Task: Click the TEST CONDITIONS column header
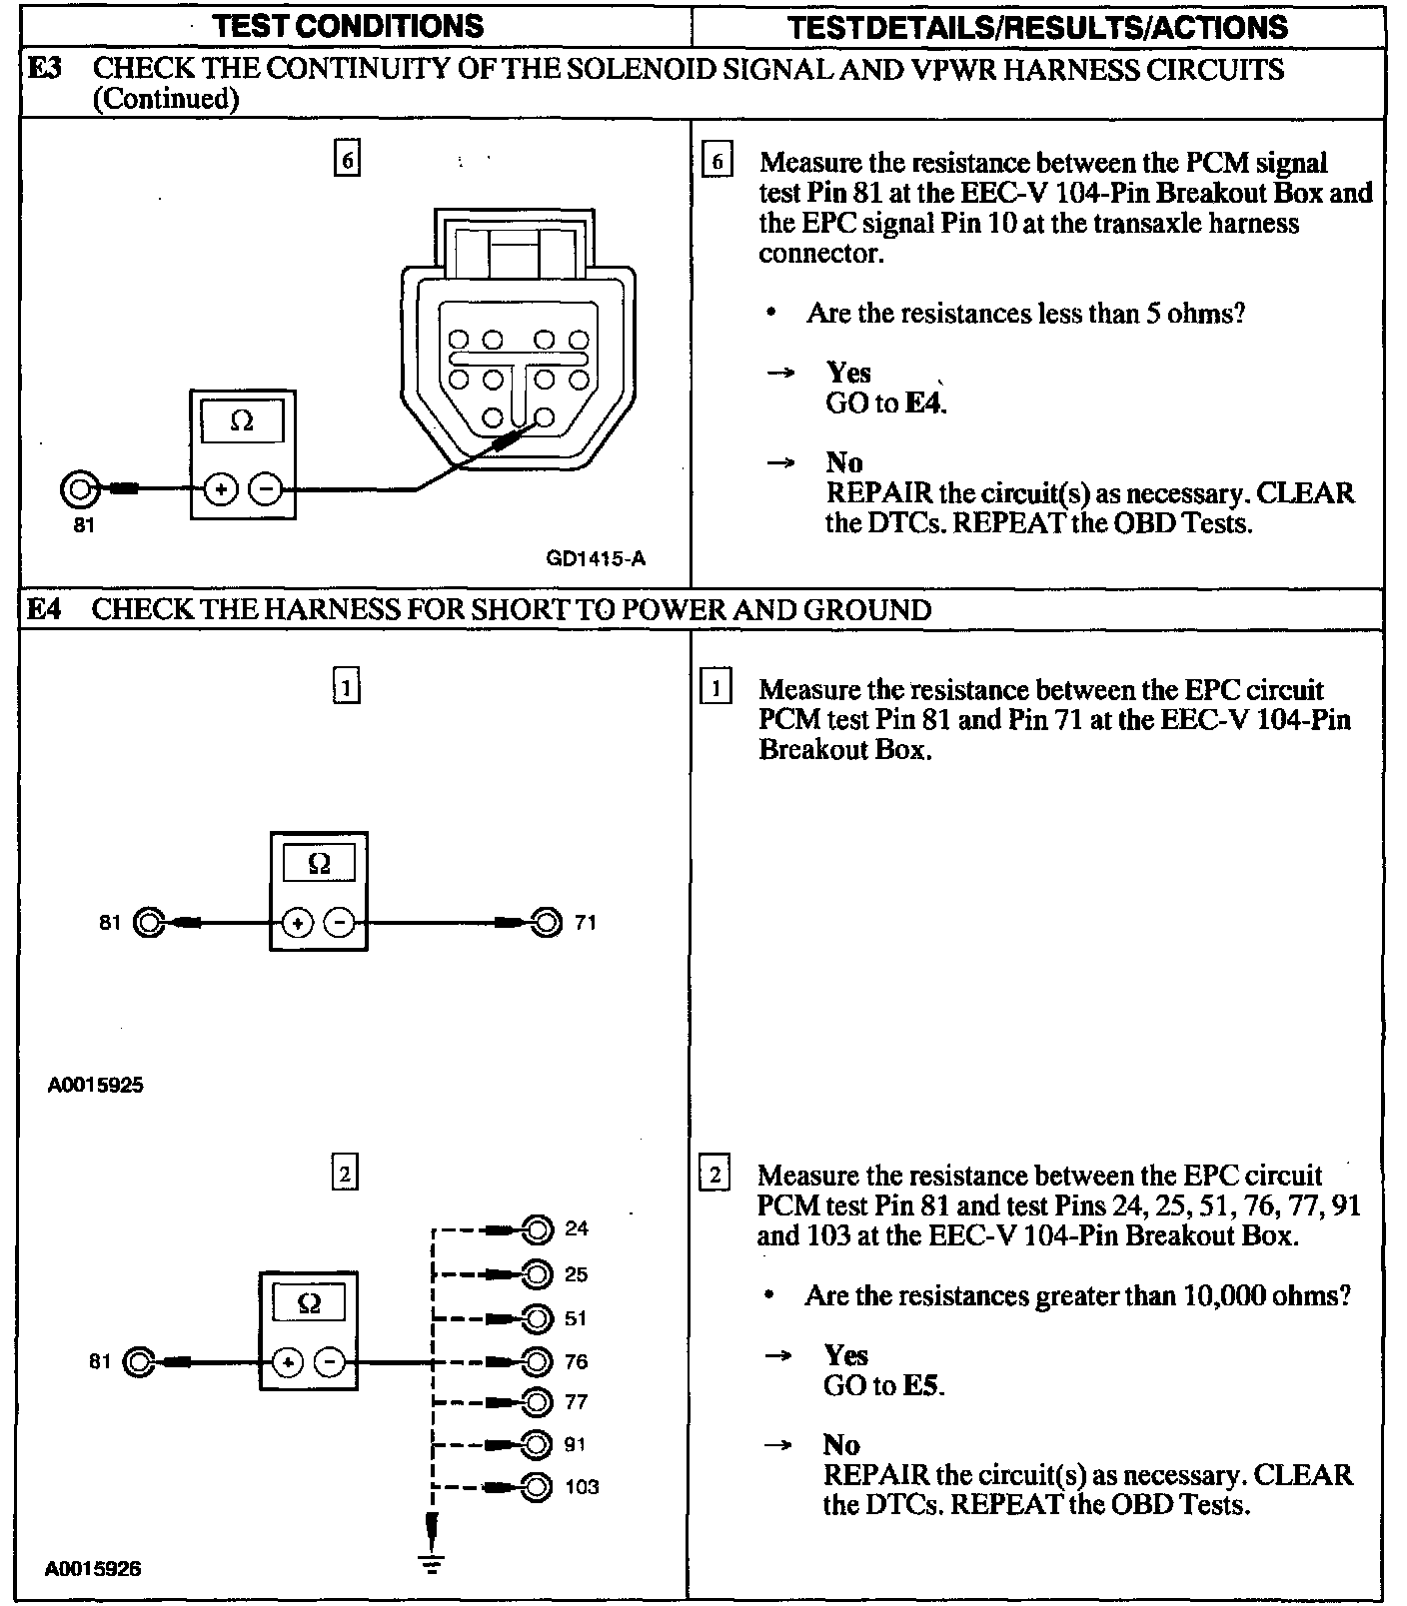[x=348, y=26]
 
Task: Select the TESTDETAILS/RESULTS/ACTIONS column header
[x=1037, y=27]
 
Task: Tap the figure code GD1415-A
[x=596, y=558]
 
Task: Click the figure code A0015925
[x=95, y=1085]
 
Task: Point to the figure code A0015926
[x=93, y=1568]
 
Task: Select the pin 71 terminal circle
[x=546, y=922]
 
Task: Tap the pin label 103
[x=582, y=1487]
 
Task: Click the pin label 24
[x=577, y=1228]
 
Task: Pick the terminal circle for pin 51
[x=538, y=1318]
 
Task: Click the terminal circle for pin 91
[x=538, y=1444]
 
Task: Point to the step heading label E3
[x=44, y=69]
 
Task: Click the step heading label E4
[x=44, y=609]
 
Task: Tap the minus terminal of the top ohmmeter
[x=265, y=489]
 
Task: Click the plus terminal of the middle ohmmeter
[x=297, y=923]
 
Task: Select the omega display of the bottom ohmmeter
[x=309, y=1303]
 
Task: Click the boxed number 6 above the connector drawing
[x=346, y=160]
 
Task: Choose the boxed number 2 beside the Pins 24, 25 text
[x=714, y=1174]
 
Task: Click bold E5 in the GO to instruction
[x=921, y=1385]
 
